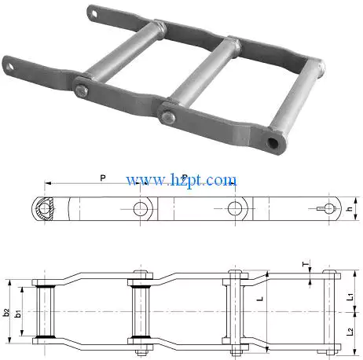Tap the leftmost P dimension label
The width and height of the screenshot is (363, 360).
(104, 177)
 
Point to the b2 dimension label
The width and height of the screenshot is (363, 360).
(7, 312)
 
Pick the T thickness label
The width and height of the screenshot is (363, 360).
(306, 264)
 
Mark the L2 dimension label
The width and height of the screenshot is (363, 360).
(350, 332)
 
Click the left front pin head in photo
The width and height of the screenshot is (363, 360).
(82, 93)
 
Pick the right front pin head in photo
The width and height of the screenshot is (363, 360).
(167, 118)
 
